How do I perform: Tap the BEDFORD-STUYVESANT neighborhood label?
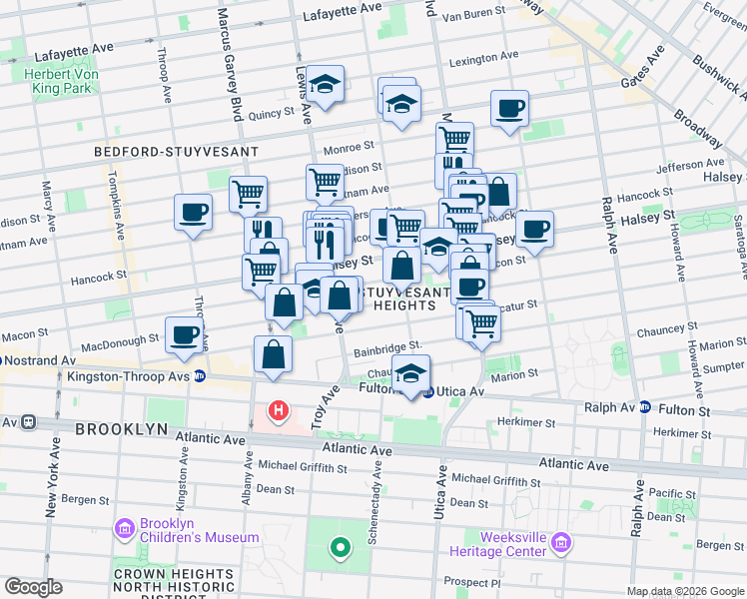pyautogui.click(x=176, y=152)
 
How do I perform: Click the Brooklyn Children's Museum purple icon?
pyautogui.click(x=125, y=527)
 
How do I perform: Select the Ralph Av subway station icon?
pyautogui.click(x=645, y=407)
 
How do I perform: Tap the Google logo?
pyautogui.click(x=33, y=587)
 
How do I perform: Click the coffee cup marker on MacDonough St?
pyautogui.click(x=184, y=335)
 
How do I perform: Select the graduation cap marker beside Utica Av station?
pyautogui.click(x=410, y=373)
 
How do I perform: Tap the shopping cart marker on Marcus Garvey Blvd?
pyautogui.click(x=248, y=193)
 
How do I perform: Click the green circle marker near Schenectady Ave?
pyautogui.click(x=340, y=547)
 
